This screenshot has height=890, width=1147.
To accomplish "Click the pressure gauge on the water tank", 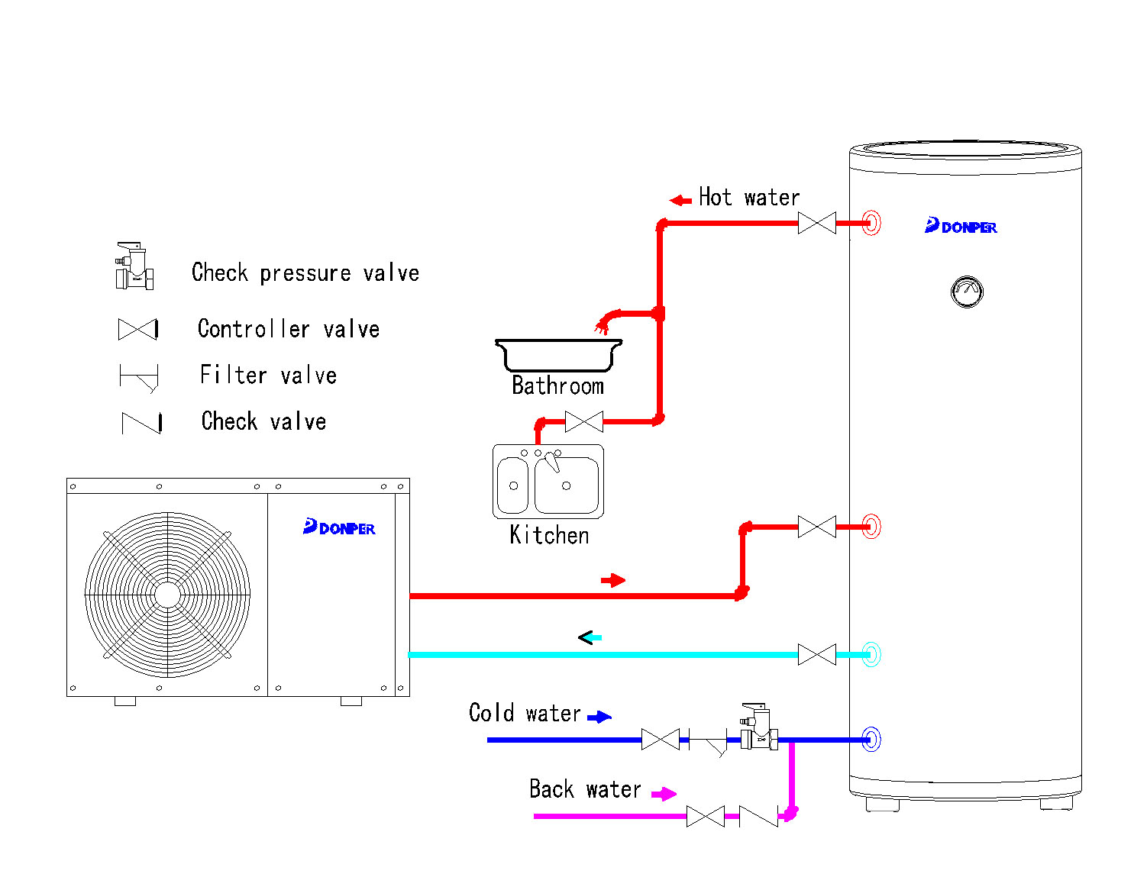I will (967, 292).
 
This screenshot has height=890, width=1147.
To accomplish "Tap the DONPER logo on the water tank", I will (961, 226).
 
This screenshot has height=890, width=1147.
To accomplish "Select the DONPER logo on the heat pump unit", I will (339, 527).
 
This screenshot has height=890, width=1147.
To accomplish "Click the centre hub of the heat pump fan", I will (167, 595).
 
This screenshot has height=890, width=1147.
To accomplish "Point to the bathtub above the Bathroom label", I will (558, 354).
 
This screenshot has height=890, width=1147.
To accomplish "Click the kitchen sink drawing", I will (548, 482).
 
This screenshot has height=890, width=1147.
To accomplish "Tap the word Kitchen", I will (549, 535).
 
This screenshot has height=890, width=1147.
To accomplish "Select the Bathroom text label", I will (557, 386).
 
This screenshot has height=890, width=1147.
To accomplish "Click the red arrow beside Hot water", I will (680, 201).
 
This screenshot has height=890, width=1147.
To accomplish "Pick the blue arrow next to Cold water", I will (599, 717).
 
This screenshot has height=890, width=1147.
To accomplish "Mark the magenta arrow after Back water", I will (664, 794).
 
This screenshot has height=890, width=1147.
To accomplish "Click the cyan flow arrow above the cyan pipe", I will (590, 637).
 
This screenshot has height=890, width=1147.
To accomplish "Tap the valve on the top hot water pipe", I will (816, 223).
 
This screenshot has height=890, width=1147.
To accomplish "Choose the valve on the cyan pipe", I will (816, 654).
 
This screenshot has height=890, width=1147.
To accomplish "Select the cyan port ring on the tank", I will (871, 654).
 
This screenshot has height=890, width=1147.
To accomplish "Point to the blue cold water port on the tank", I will (871, 739).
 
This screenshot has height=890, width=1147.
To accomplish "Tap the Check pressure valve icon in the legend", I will (134, 266).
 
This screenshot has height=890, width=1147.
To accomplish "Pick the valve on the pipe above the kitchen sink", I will (583, 421).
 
